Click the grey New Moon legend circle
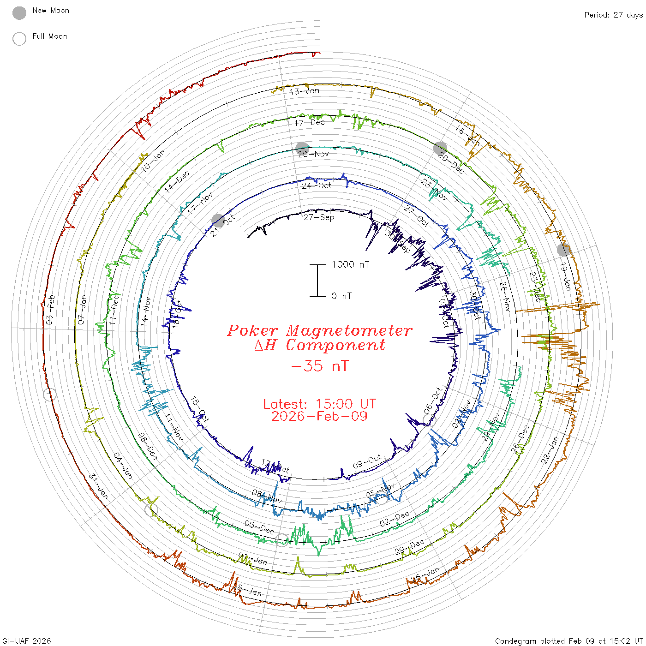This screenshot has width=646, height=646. pos(19,13)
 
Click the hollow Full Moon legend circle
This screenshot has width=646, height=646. pos(19,39)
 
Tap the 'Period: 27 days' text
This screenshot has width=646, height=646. pos(613,15)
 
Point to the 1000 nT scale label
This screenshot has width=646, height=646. pos(351,264)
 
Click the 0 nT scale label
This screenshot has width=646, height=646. pos(341,296)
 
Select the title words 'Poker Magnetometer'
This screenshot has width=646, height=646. pos(319,330)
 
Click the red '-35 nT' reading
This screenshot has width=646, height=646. pos(319,366)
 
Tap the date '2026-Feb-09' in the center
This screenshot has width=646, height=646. pos(319,416)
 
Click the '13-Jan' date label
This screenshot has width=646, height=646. pos(305,91)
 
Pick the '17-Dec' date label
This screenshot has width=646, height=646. pos(310,122)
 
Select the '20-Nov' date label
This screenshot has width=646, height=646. pos(313,154)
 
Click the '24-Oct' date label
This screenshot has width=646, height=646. pos(317,185)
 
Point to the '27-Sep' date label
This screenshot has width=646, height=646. pos(319,217)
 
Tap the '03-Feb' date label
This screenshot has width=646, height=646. pos(50,309)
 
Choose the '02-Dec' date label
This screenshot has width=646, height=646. pos(394,519)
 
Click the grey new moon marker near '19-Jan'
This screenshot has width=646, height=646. pos(563,250)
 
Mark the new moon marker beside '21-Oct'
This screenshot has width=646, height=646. pos(217,220)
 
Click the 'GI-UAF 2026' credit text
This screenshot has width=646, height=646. pos(27,641)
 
